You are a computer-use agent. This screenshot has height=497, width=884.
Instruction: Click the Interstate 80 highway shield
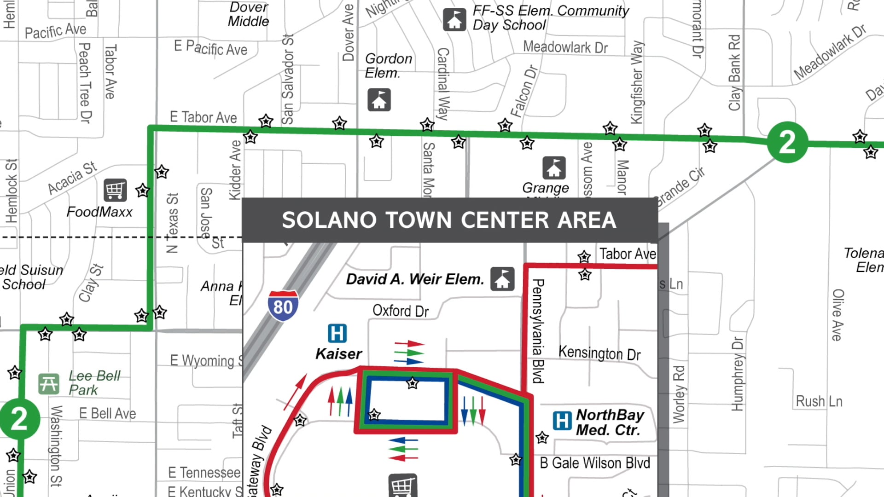[x=283, y=305]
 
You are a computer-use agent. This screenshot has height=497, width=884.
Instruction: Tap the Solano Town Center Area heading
[x=449, y=220]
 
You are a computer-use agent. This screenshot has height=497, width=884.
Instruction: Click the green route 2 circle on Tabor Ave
[x=787, y=142]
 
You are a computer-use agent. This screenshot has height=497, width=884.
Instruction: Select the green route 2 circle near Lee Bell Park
[x=19, y=419]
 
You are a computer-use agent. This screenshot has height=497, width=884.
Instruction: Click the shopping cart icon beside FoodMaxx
[x=115, y=190]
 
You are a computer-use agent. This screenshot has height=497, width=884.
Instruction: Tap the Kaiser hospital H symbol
[x=337, y=333]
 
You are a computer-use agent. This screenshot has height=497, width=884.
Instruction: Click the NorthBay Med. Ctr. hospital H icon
[x=562, y=421]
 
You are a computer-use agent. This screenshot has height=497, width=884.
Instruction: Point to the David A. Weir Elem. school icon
[x=502, y=279]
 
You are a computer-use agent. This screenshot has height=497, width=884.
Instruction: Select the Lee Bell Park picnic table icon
[x=48, y=384]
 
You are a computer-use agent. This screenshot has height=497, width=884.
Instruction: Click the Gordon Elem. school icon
[x=379, y=100]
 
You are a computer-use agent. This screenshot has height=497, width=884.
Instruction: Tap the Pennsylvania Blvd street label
[x=538, y=330]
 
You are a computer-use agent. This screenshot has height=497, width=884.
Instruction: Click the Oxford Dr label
[x=400, y=311]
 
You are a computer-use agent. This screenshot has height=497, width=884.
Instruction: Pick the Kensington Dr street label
[x=599, y=353]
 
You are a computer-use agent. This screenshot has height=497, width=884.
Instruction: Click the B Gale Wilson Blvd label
[x=594, y=462]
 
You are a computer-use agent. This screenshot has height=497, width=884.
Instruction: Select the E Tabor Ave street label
[x=203, y=117]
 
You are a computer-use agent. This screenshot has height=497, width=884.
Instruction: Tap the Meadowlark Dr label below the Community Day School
[x=565, y=47]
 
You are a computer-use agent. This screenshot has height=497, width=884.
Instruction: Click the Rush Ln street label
[x=819, y=401]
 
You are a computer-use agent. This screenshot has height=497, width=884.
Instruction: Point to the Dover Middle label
[x=249, y=14]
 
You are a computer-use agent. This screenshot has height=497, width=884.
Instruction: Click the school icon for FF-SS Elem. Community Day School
[x=454, y=20]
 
